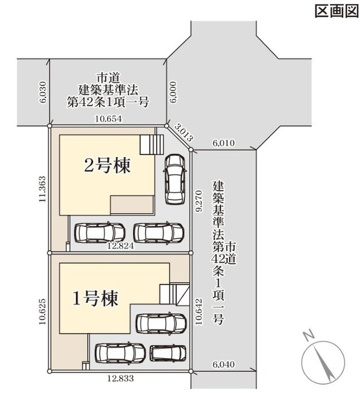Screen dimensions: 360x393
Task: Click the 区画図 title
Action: click(x=336, y=11)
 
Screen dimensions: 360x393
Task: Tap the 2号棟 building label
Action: click(x=107, y=166)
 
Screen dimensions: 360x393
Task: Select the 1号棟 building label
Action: click(x=95, y=298)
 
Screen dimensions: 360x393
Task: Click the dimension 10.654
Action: click(x=108, y=118)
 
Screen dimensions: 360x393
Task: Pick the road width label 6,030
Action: click(x=43, y=92)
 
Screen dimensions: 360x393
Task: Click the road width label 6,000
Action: click(x=173, y=92)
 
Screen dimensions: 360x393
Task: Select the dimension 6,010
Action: click(x=224, y=143)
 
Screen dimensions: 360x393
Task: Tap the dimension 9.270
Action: click(x=199, y=201)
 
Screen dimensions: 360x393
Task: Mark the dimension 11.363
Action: click(x=42, y=189)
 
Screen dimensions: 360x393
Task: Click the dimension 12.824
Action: click(x=120, y=246)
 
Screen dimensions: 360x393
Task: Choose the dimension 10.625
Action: click(x=42, y=311)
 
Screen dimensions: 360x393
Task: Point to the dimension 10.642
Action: click(x=199, y=311)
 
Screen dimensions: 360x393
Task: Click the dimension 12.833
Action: click(x=120, y=378)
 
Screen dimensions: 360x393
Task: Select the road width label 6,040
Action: click(x=224, y=364)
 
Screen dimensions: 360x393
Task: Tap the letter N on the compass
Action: click(x=308, y=336)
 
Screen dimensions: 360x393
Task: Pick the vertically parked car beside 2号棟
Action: click(x=175, y=179)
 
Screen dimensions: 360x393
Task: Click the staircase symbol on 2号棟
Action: click(x=152, y=144)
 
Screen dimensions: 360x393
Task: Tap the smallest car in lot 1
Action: click(x=168, y=353)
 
